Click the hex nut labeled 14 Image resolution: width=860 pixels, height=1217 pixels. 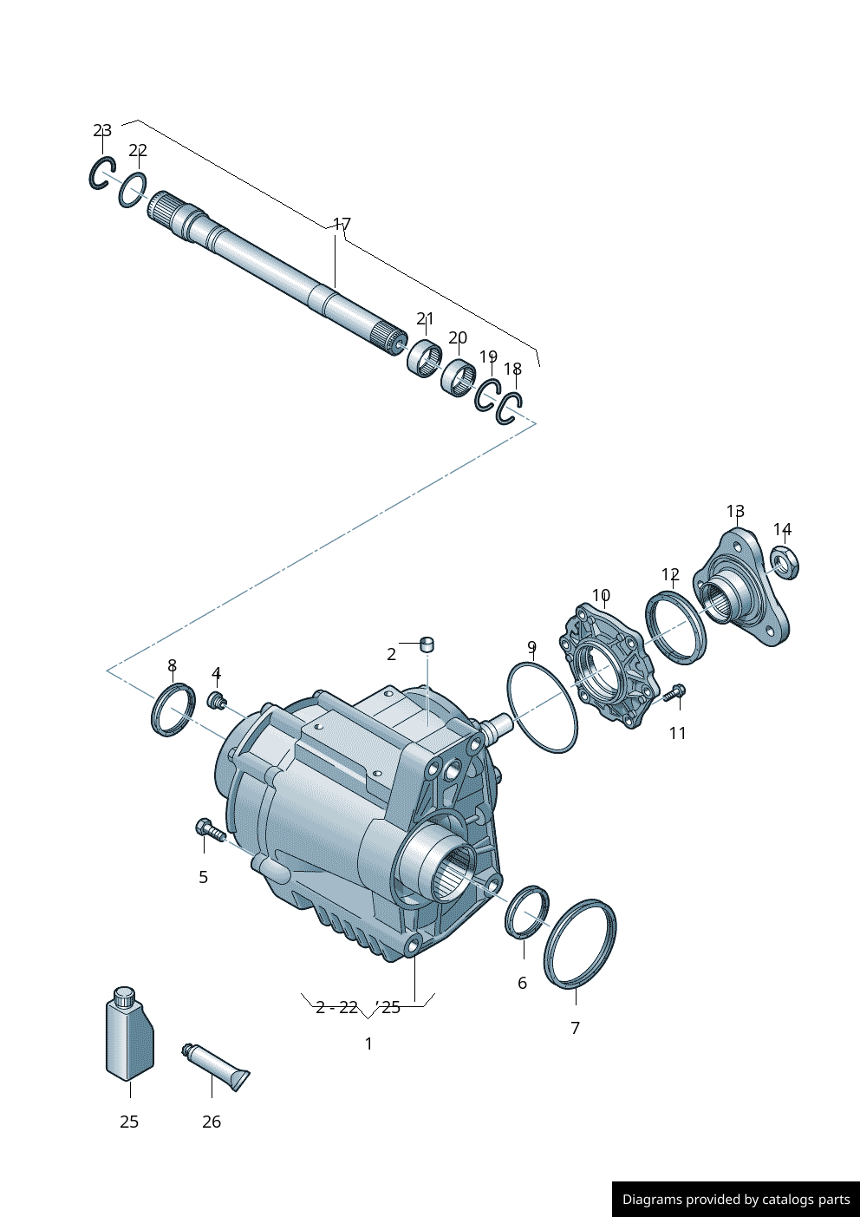[x=785, y=565]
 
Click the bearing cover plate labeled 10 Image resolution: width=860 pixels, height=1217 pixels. [x=606, y=669]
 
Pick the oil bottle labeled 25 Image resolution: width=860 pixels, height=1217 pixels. [x=129, y=1036]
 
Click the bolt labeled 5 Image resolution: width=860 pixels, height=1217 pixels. [x=209, y=830]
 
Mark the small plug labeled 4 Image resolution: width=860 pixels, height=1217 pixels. [x=217, y=699]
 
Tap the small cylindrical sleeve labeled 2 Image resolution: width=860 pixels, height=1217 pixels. [x=427, y=644]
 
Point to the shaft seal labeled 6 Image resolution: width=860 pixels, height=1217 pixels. [x=526, y=912]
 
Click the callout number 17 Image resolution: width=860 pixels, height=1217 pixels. [x=342, y=225]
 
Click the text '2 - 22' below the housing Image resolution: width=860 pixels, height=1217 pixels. [x=336, y=1008]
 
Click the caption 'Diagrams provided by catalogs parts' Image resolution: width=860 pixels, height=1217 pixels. [x=736, y=1200]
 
